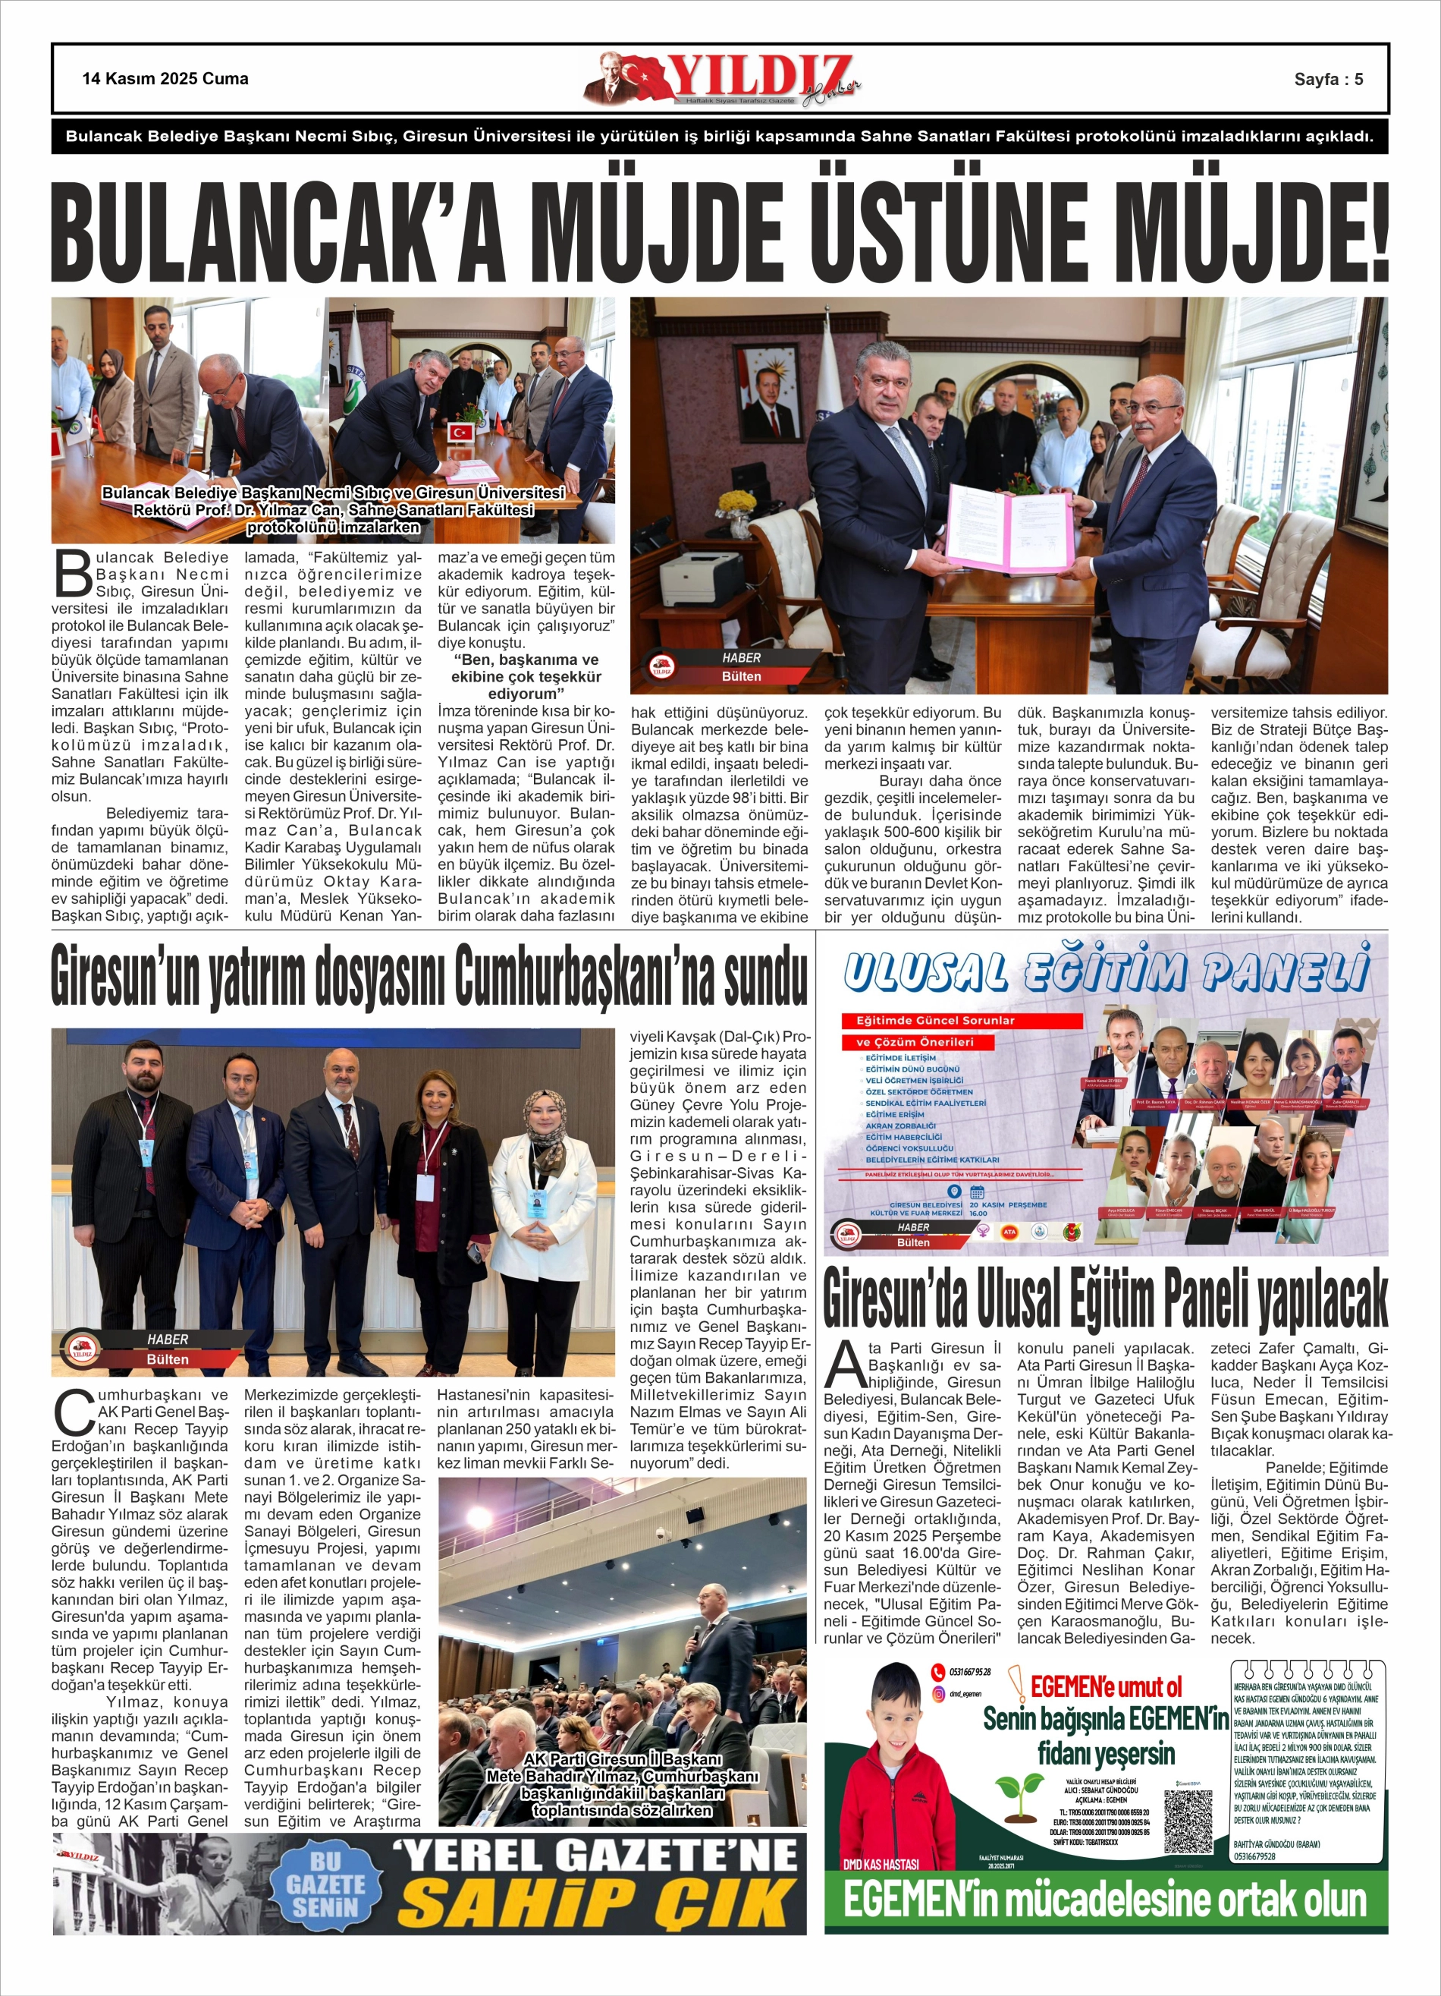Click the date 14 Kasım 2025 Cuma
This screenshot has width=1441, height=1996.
165,78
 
